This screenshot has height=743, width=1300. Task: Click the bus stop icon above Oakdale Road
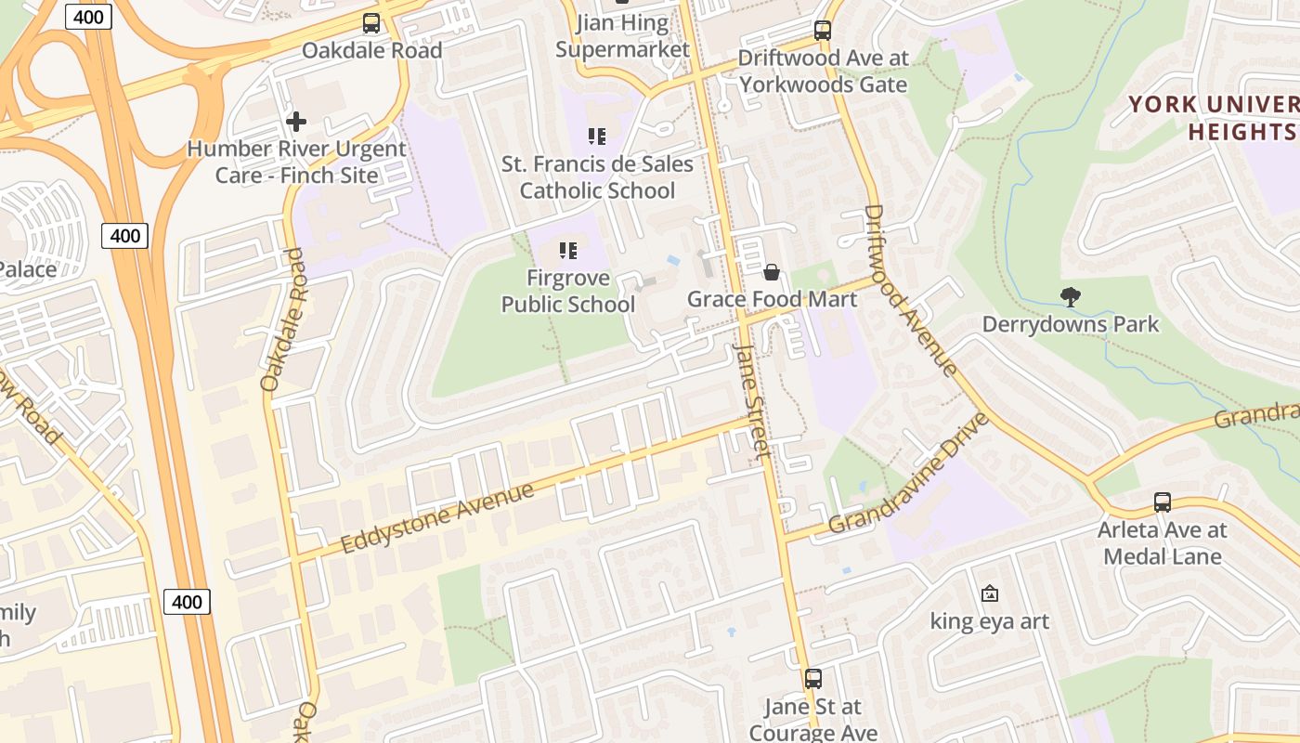(371, 23)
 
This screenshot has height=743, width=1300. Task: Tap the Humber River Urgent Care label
(296, 162)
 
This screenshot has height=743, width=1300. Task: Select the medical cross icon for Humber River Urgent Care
(296, 121)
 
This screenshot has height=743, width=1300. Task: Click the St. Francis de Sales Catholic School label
(597, 177)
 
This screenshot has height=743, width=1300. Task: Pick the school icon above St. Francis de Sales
(597, 137)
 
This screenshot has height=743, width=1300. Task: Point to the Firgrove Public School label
(568, 291)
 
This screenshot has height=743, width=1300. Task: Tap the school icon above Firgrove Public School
(568, 250)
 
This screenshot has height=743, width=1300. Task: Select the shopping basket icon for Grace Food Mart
(771, 272)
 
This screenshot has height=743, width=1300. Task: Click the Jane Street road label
(752, 401)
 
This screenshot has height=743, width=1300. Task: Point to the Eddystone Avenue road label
(437, 516)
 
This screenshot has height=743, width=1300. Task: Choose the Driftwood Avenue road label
(909, 290)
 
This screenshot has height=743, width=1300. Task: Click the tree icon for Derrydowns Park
(1071, 297)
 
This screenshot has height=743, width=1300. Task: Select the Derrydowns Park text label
(1071, 324)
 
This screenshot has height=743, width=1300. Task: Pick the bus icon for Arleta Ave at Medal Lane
(1162, 502)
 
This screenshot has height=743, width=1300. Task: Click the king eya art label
(990, 620)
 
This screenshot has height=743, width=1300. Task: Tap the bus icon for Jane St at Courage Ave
(813, 679)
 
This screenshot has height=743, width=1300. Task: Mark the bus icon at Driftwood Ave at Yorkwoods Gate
(823, 31)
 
